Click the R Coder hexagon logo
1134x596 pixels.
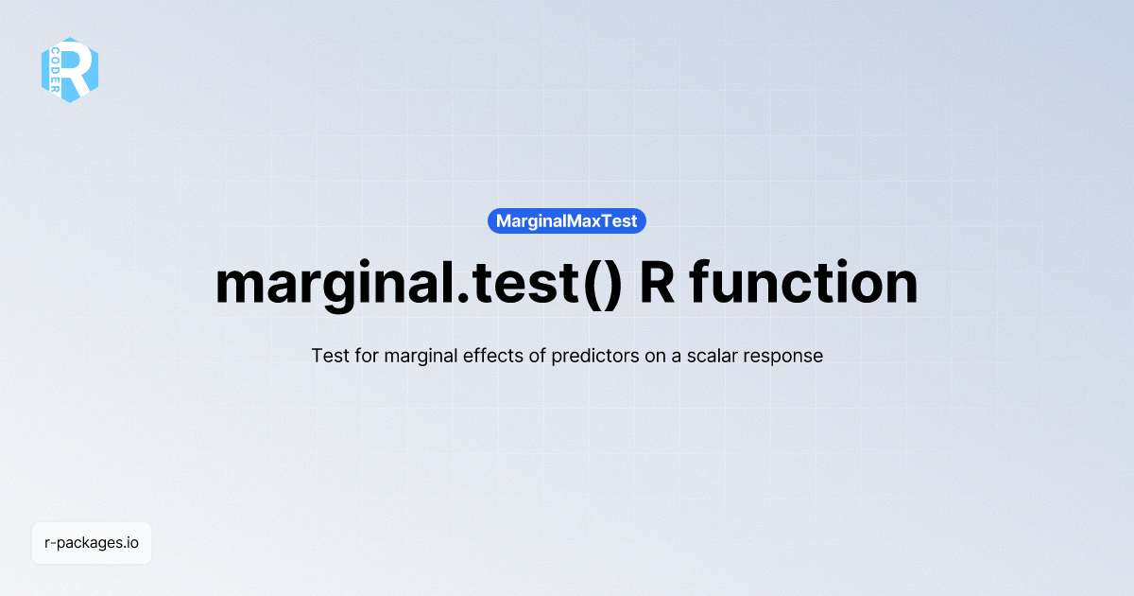tap(70, 70)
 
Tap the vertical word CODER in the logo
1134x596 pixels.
tap(56, 71)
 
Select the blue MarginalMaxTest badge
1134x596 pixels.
tap(567, 221)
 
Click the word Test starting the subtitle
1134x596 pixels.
tap(328, 357)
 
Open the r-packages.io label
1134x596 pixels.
tap(92, 543)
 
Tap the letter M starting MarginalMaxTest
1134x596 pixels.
tap(504, 221)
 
